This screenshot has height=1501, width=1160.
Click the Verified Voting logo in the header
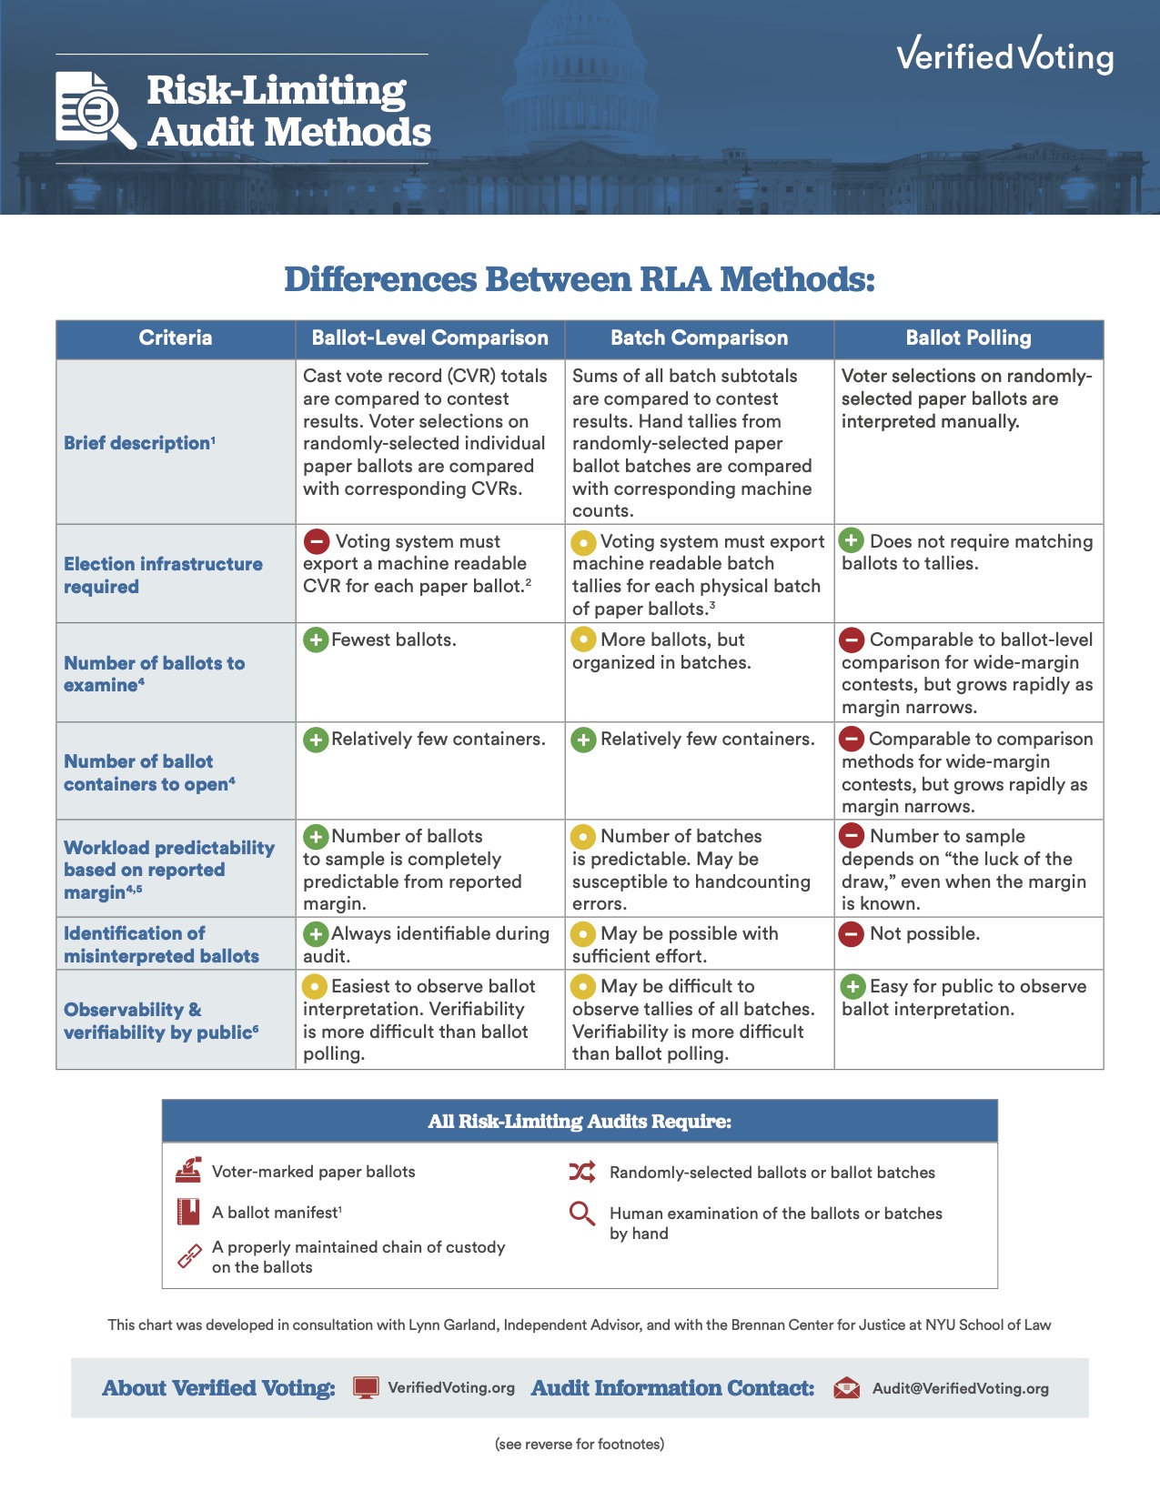pyautogui.click(x=1004, y=55)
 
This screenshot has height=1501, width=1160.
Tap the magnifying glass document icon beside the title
pyautogui.click(x=94, y=109)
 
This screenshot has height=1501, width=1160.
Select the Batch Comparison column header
pyautogui.click(x=699, y=338)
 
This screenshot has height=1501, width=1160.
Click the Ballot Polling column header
pyautogui.click(x=968, y=338)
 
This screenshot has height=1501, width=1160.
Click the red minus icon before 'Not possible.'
pyautogui.click(x=852, y=933)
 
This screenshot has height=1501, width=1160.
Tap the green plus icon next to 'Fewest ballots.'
pyautogui.click(x=315, y=640)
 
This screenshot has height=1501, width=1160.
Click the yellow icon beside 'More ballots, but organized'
pyautogui.click(x=583, y=640)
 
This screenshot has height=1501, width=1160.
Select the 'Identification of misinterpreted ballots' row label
pyautogui.click(x=161, y=944)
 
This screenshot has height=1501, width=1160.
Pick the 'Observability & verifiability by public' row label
pyautogui.click(x=161, y=1021)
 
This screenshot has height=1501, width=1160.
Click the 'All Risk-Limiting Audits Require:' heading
pyautogui.click(x=580, y=1122)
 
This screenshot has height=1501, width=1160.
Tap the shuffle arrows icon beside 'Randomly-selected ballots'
pyautogui.click(x=582, y=1172)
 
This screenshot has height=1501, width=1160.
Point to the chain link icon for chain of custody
pyautogui.click(x=189, y=1256)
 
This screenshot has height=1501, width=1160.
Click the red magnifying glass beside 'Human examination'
pyautogui.click(x=581, y=1214)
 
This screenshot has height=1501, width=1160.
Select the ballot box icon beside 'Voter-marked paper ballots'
pyautogui.click(x=188, y=1171)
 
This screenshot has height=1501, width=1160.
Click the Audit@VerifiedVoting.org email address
pyautogui.click(x=960, y=1389)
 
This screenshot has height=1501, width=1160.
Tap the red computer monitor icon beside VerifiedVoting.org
pyautogui.click(x=366, y=1388)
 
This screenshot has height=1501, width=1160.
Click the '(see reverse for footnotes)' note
pyautogui.click(x=580, y=1444)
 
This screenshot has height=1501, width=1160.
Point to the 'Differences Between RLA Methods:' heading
pyautogui.click(x=580, y=279)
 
